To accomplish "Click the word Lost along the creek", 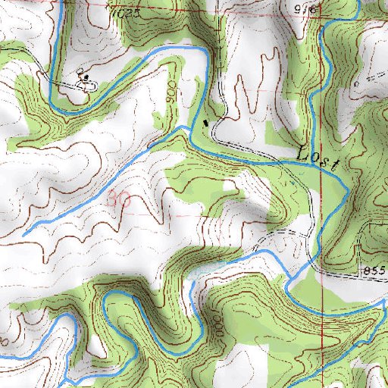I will [314, 155].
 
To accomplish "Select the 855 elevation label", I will [374, 271].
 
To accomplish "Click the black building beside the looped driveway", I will [83, 77].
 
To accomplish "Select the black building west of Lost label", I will [205, 122].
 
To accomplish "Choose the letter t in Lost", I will [330, 161].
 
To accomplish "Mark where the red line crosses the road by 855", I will [321, 270].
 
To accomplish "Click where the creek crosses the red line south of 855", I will [321, 308].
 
